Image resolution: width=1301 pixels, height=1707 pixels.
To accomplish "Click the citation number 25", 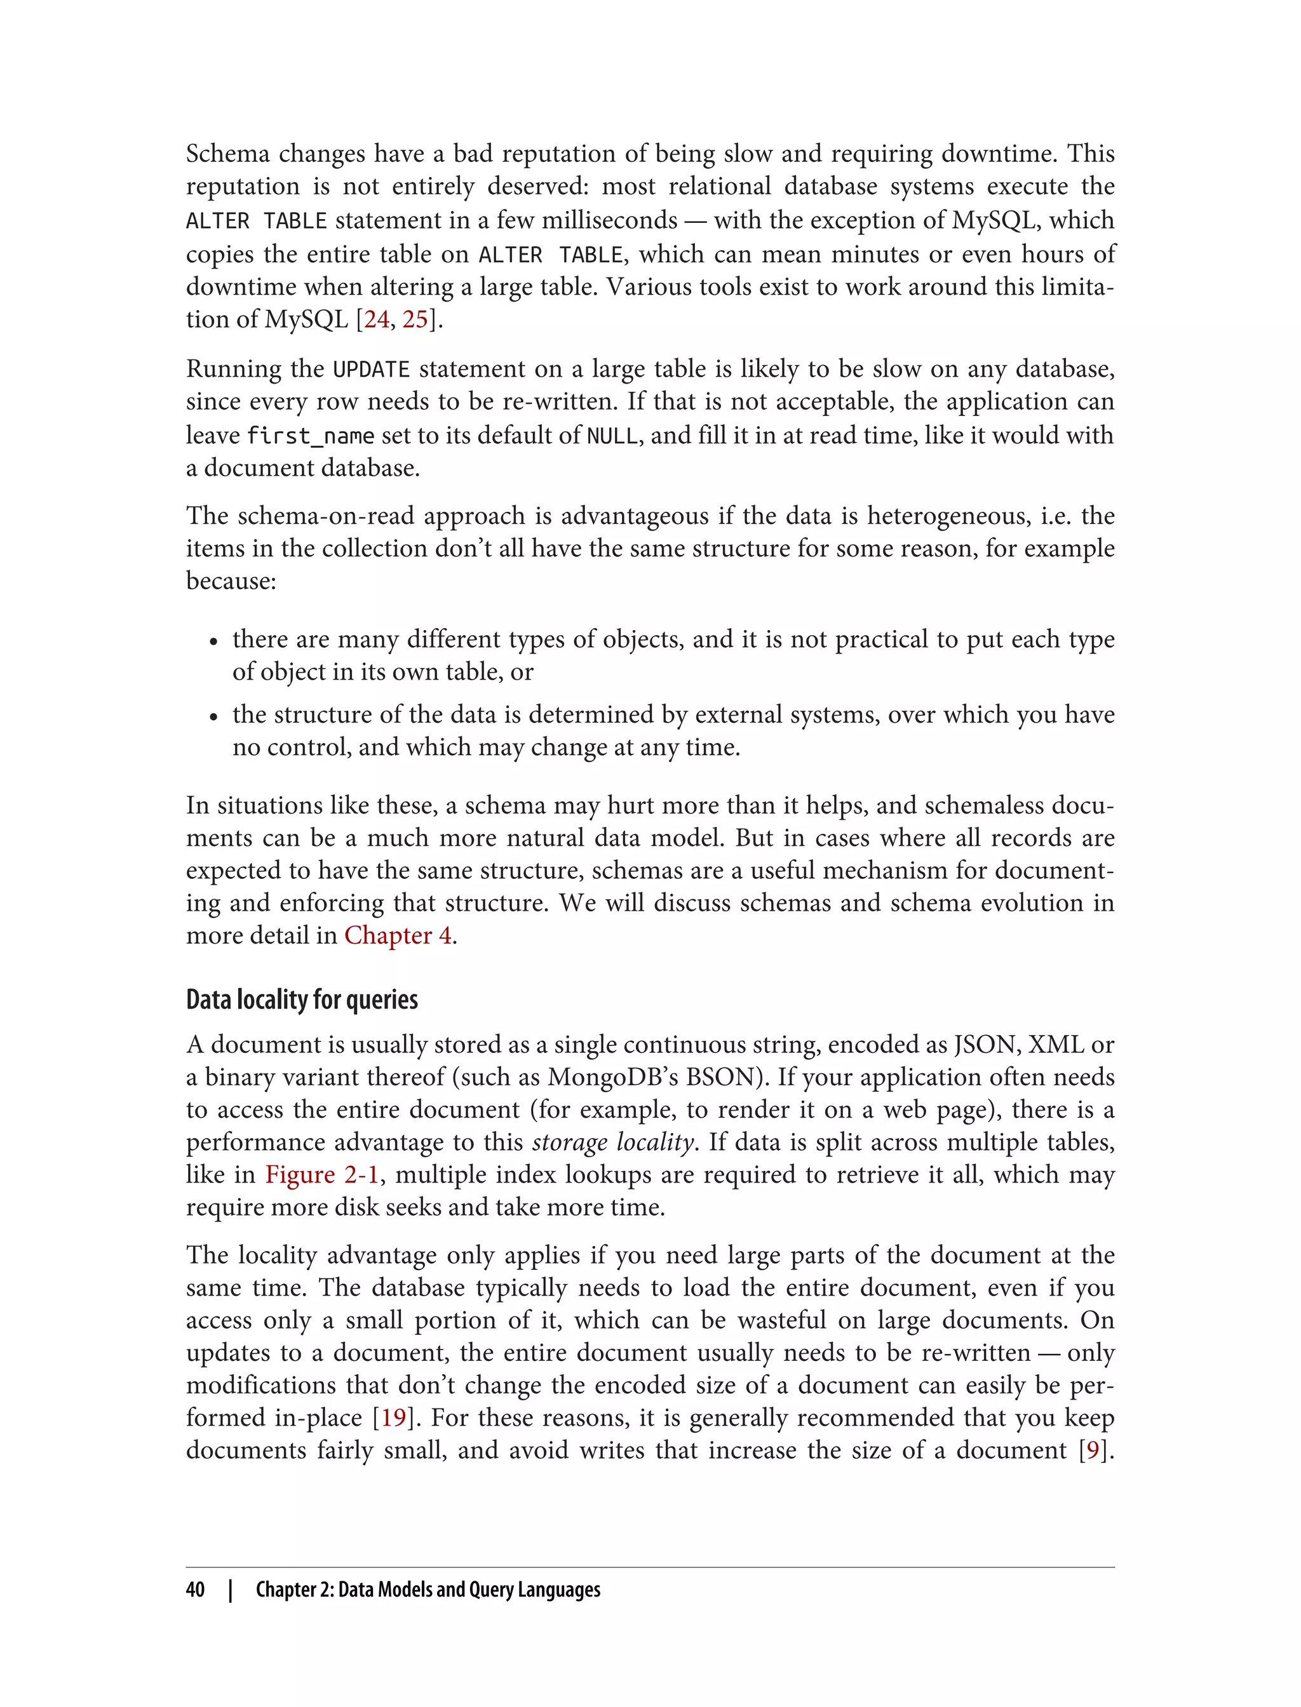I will pos(415,319).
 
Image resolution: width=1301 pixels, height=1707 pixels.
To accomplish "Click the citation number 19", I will pos(393,1417).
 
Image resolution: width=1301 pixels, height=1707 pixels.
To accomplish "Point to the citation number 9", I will pos(1093,1450).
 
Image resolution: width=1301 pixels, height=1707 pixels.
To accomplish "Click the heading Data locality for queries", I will pos(302,1000).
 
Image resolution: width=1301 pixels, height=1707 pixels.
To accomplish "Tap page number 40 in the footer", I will pos(195,1590).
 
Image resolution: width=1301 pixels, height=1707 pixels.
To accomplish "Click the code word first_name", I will pos(311,436).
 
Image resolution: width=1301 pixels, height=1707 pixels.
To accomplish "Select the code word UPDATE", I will pos(371,369).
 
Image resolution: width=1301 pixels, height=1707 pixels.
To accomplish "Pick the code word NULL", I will pos(612,436).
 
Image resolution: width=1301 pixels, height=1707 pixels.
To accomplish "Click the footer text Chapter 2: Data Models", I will pos(428,1590).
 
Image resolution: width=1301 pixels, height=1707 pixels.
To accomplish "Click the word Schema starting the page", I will pos(227,154).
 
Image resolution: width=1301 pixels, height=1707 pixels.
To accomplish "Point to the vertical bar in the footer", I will pos(230,1590).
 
